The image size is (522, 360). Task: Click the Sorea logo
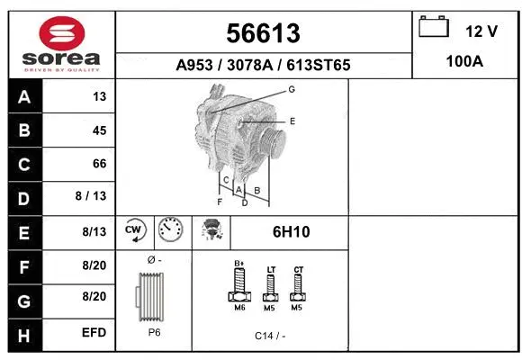pos(61,43)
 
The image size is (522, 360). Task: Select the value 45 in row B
pos(99,130)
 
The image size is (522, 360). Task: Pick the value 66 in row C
pos(99,164)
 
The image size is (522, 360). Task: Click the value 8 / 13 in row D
pos(93,197)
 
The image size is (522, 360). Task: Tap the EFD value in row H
pos(94,333)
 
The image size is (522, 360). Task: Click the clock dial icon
pos(169,231)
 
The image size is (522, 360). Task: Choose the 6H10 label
pos(291,232)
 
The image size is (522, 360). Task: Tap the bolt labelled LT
pos(269,288)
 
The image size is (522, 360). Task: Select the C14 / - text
pos(269,336)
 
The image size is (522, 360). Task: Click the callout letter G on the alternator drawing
pos(292,89)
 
